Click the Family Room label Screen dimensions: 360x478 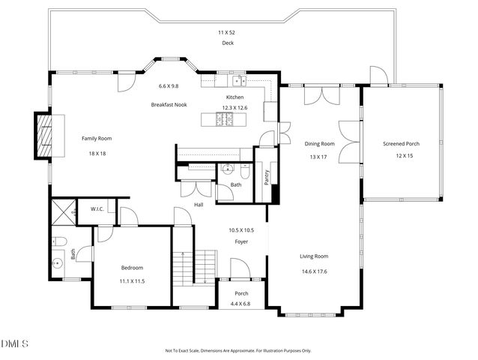[x=97, y=139]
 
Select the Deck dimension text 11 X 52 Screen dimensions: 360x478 [x=227, y=32]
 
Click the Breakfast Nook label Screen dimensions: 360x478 [x=169, y=103]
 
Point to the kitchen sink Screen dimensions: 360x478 [x=238, y=79]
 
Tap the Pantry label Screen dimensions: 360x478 [x=266, y=177]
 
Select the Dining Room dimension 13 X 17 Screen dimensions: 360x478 [x=319, y=157]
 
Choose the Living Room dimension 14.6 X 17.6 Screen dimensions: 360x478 [x=315, y=271]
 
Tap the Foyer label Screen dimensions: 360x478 [x=241, y=241]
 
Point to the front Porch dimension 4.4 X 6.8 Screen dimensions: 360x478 [x=241, y=304]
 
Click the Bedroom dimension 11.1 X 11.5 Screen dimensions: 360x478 [x=132, y=280]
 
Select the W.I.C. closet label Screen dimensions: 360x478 [x=97, y=208]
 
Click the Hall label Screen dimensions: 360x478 [x=199, y=205]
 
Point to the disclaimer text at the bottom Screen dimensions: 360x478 [x=238, y=350]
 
